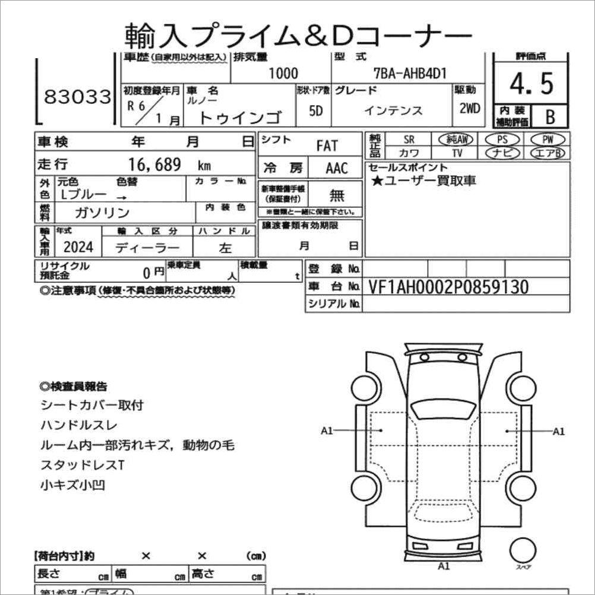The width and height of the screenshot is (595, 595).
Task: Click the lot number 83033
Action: [x=78, y=97]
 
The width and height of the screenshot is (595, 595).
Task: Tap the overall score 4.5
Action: [x=531, y=84]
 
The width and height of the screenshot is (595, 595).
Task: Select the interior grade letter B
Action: [x=550, y=116]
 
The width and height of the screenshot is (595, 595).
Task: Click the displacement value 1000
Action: [x=283, y=73]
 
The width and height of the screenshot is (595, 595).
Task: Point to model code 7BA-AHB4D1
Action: [x=410, y=73]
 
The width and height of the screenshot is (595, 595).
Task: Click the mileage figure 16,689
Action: [x=155, y=165]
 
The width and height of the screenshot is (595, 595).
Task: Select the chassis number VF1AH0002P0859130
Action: [x=448, y=287]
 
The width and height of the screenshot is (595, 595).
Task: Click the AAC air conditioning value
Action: [x=337, y=168]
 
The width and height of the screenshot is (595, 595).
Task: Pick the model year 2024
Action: [x=77, y=248]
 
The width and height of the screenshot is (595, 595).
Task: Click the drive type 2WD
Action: [x=469, y=110]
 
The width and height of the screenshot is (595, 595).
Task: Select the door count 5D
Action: [x=316, y=111]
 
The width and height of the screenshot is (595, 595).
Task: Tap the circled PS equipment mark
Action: [x=502, y=140]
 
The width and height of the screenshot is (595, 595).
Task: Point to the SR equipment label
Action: [x=409, y=140]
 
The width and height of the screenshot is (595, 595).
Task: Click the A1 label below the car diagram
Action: [x=443, y=565]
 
